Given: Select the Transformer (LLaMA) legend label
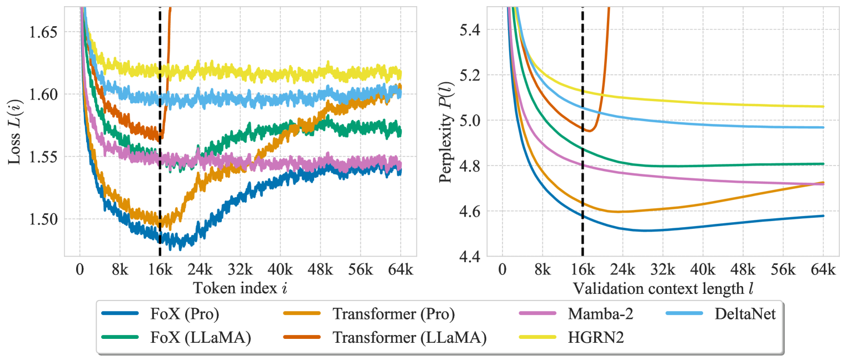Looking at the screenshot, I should (409, 337).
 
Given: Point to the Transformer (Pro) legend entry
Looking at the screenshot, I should (394, 314).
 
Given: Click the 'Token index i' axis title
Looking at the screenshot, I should (240, 288).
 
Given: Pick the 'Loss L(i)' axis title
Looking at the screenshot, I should (15, 132).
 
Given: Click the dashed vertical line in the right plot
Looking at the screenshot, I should (583, 167).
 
